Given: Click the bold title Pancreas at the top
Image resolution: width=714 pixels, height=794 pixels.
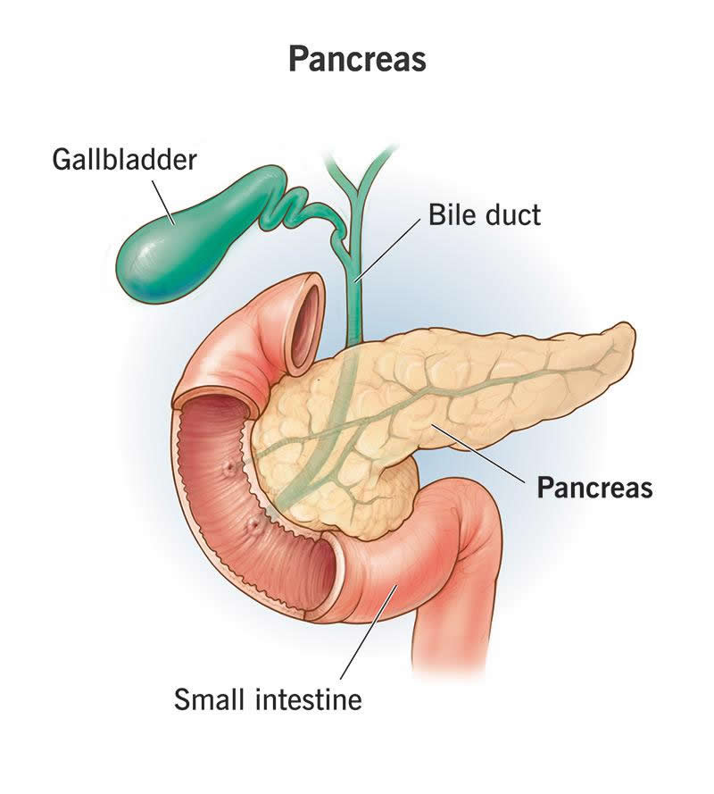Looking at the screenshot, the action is (357, 59).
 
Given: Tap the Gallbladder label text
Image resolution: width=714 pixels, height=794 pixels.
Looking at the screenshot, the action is (124, 160).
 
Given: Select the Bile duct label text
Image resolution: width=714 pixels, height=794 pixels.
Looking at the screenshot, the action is (485, 214).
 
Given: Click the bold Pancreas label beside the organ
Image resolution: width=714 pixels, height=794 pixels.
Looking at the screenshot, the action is (594, 487).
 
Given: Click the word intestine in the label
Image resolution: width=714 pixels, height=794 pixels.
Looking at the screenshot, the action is (308, 699).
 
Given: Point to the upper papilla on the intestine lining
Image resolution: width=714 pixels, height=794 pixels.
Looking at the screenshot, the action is (231, 467).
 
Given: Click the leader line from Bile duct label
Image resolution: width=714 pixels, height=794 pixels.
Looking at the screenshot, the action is (388, 249).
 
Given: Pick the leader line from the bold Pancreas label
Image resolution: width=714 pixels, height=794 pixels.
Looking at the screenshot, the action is (477, 452).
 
